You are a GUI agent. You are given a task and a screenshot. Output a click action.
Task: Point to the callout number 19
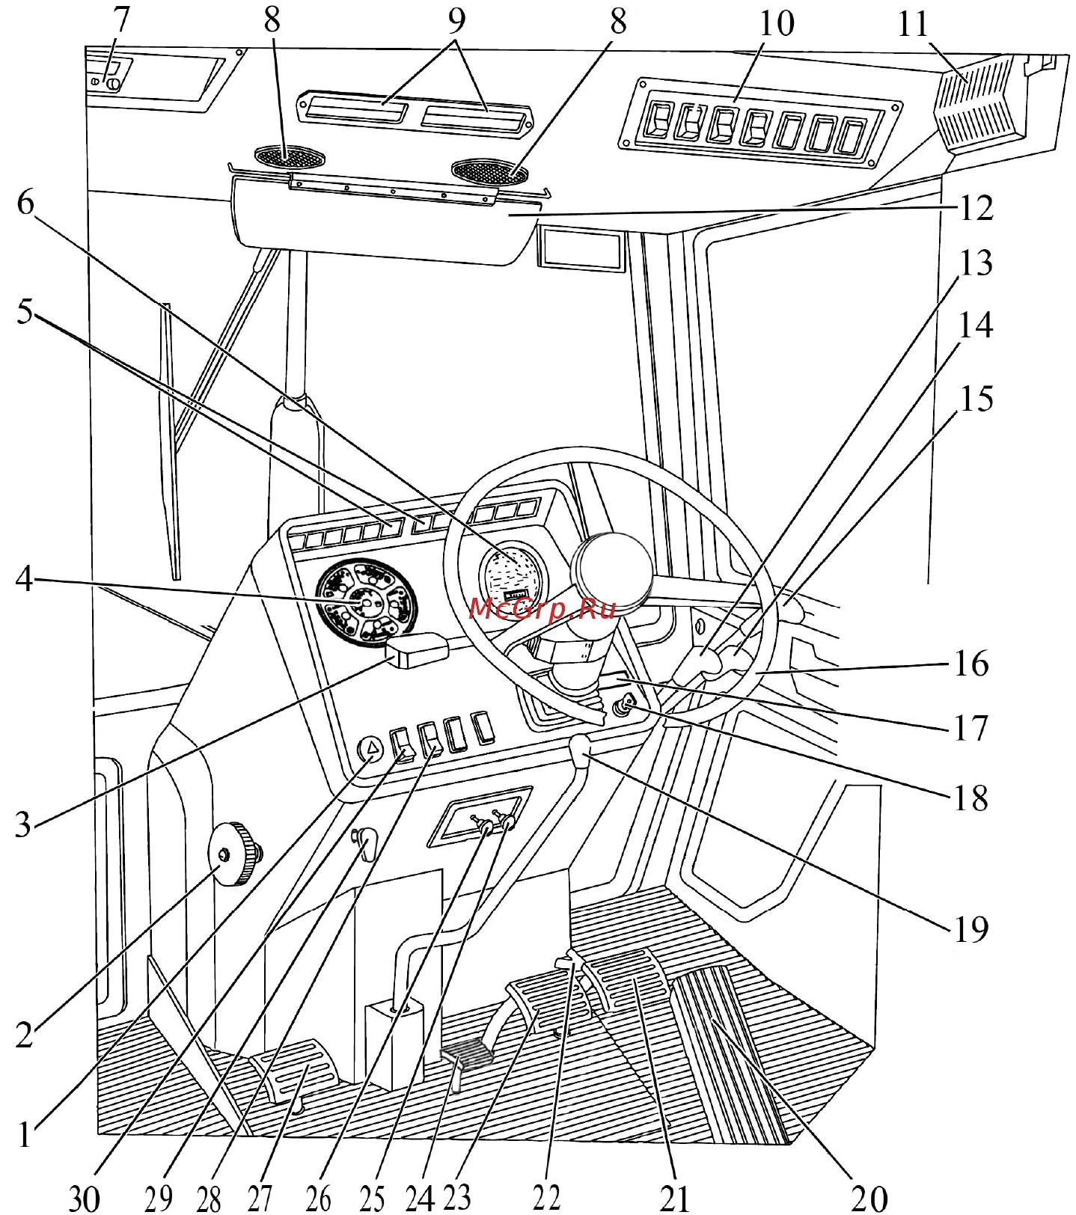click(x=970, y=928)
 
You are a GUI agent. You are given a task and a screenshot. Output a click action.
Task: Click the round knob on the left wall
click(x=236, y=854)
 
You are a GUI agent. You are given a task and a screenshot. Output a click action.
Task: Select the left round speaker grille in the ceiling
click(x=290, y=157)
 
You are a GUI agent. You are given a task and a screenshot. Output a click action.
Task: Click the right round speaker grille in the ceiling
click(x=490, y=171)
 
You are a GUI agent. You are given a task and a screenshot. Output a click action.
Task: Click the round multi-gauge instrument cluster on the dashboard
click(x=366, y=602)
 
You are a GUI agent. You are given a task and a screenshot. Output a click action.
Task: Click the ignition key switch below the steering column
click(x=626, y=705)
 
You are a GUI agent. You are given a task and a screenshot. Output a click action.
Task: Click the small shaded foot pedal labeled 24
click(x=468, y=1056)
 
